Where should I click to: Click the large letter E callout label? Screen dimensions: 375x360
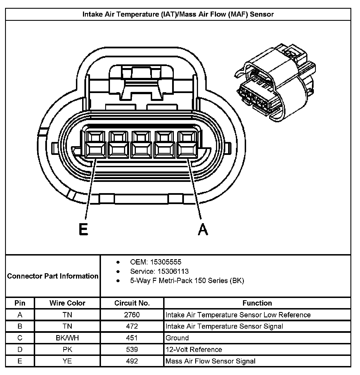[84, 229]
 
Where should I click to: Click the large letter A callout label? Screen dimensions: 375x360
[203, 229]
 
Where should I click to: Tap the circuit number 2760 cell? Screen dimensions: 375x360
[132, 315]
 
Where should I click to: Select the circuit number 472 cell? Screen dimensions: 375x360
[132, 326]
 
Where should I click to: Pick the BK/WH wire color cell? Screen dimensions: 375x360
[67, 338]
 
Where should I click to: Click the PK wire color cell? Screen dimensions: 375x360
[67, 349]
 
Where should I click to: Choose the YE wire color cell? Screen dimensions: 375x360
[67, 361]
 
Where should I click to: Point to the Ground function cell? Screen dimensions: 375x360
[177, 338]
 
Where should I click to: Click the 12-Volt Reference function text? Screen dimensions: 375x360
[194, 349]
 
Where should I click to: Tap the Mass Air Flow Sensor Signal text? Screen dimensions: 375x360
[210, 361]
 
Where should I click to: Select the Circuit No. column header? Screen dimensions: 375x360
[132, 303]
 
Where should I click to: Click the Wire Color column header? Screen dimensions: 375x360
[67, 303]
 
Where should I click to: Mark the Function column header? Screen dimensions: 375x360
[257, 303]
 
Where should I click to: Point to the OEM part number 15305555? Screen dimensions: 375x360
[166, 262]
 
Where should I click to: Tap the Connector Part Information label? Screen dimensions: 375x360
[53, 276]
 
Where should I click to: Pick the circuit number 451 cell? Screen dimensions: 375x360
[132, 338]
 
